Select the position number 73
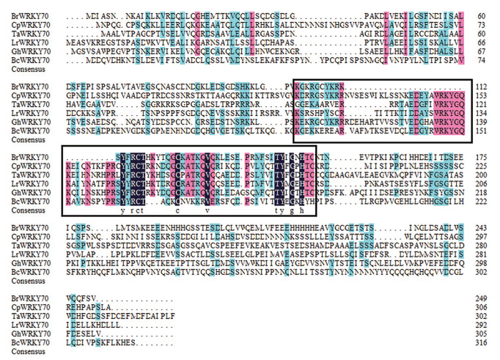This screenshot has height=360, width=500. pyautogui.click(x=483, y=23)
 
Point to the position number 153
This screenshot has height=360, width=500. pyautogui.click(x=482, y=95)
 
